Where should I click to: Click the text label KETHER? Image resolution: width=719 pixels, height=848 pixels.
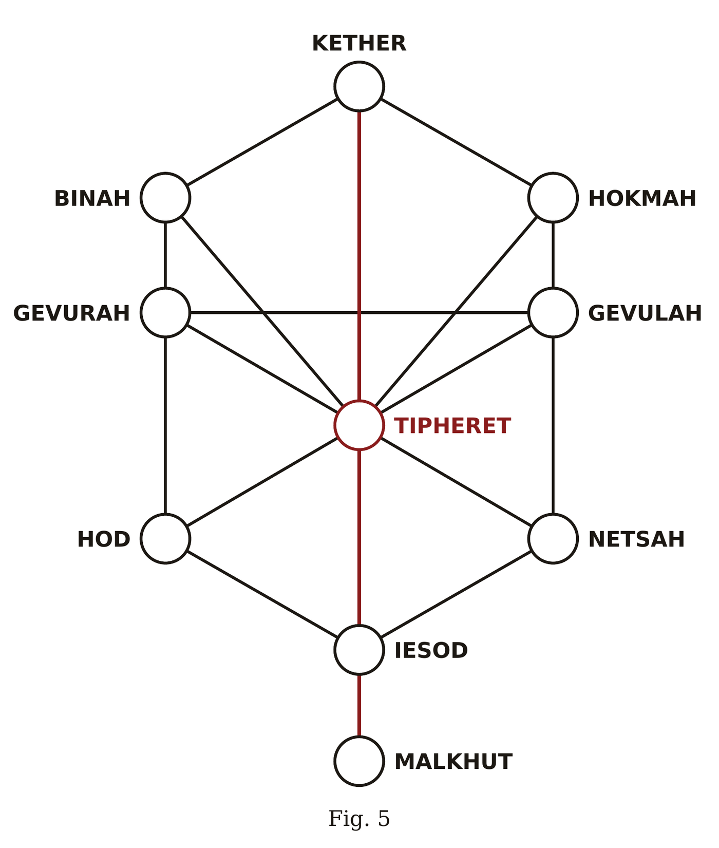[x=359, y=44]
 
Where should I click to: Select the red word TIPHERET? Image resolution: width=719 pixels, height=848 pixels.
[x=452, y=426]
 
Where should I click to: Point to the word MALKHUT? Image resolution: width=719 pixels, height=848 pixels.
[x=453, y=762]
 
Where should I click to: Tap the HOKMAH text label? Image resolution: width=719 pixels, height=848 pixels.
[x=642, y=199]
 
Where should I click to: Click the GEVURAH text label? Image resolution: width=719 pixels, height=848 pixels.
[x=71, y=313]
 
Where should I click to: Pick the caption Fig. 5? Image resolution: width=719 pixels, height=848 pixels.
[x=359, y=819]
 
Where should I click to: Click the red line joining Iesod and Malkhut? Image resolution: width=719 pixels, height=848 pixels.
[x=359, y=705]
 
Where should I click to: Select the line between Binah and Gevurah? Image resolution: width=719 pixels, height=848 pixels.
[x=165, y=255]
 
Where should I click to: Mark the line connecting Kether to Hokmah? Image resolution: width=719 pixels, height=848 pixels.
[x=456, y=142]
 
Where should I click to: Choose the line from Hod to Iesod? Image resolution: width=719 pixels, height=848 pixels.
[x=262, y=594]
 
